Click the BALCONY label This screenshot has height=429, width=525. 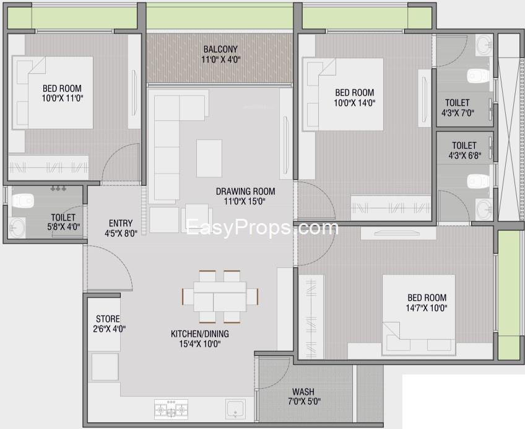[x=220, y=49]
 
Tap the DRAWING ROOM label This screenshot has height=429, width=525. [x=245, y=192]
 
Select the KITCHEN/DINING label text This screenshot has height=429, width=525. [x=200, y=334]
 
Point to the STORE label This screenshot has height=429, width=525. [x=108, y=319]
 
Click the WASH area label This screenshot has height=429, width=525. [x=303, y=391]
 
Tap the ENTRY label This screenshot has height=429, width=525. [x=121, y=223]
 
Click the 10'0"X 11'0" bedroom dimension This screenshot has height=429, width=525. [x=63, y=98]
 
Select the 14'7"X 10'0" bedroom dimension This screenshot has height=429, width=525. [x=427, y=307]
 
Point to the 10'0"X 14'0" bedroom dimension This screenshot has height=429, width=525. [x=355, y=102]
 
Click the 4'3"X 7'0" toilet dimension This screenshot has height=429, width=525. [x=458, y=113]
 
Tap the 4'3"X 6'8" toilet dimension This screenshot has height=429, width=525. [x=465, y=155]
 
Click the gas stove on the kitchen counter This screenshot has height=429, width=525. [x=171, y=409]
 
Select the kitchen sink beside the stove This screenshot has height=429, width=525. [x=236, y=409]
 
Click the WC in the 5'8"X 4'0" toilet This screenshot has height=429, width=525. [x=23, y=201]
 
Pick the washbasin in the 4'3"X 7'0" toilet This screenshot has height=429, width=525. [x=484, y=45]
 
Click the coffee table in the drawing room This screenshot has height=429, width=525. [x=209, y=158]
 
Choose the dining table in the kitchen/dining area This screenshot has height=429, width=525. [x=220, y=296]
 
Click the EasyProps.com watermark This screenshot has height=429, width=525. [x=262, y=228]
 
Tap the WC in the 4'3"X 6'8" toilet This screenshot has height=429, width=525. [x=478, y=181]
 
